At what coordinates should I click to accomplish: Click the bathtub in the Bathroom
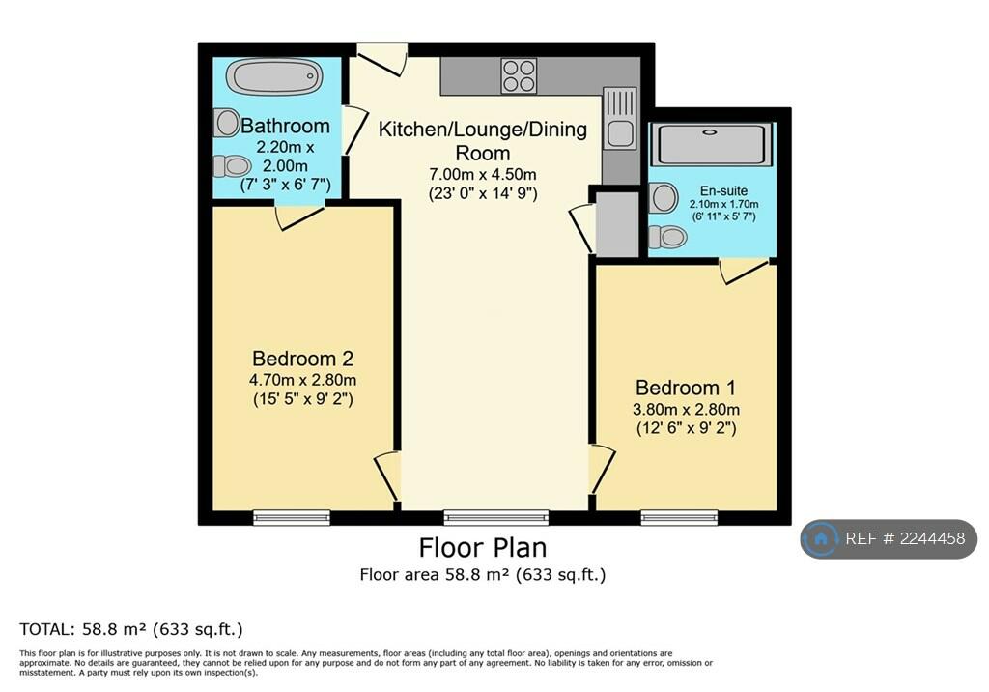point(274,77)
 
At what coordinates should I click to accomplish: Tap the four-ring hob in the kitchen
point(519,75)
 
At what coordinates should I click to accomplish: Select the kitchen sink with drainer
point(620,119)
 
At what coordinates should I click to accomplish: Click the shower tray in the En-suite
point(712,145)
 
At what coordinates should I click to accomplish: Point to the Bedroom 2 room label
point(302,359)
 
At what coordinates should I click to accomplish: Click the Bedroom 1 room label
point(686,387)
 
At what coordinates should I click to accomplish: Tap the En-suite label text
point(723,190)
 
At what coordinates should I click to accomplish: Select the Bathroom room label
point(285,126)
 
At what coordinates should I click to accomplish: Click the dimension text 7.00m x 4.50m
point(483,174)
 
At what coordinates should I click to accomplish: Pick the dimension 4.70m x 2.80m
point(302,380)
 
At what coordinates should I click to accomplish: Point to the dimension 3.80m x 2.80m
point(687,409)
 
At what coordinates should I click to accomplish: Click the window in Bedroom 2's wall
point(292,517)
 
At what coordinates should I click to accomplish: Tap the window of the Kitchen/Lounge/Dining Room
point(495,517)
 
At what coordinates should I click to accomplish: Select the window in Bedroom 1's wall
point(679,517)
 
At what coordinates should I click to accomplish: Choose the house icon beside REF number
point(821,538)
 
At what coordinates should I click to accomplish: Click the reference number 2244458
point(932,538)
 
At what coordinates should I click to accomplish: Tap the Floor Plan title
point(483,547)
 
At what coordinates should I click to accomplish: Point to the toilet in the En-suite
point(667,238)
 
